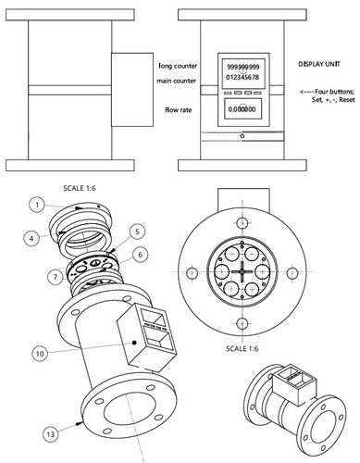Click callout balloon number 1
click(33, 203)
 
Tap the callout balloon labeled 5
click(136, 230)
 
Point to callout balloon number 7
click(55, 276)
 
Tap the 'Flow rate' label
click(179, 109)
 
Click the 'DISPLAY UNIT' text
click(320, 67)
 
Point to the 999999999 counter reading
click(242, 68)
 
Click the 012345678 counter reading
click(242, 79)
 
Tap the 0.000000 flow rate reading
click(242, 109)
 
